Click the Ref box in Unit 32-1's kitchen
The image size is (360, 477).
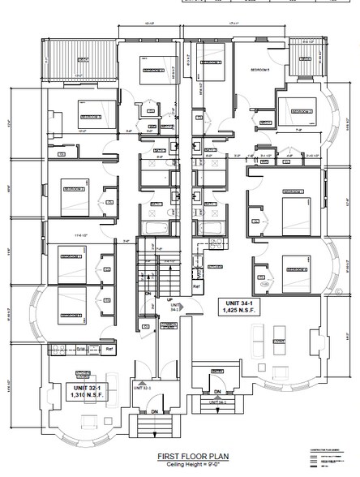click(x=110, y=349)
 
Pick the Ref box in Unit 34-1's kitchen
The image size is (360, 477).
click(x=195, y=287)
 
